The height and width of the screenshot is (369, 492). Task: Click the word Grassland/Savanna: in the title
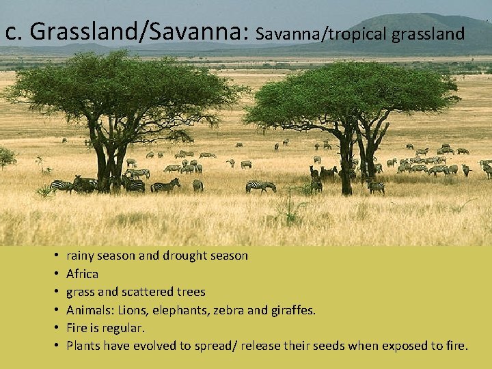(x=141, y=32)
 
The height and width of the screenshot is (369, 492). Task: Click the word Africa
(x=82, y=273)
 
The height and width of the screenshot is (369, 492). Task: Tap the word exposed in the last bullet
(x=402, y=345)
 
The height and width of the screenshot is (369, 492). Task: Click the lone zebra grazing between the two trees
(x=260, y=185)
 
